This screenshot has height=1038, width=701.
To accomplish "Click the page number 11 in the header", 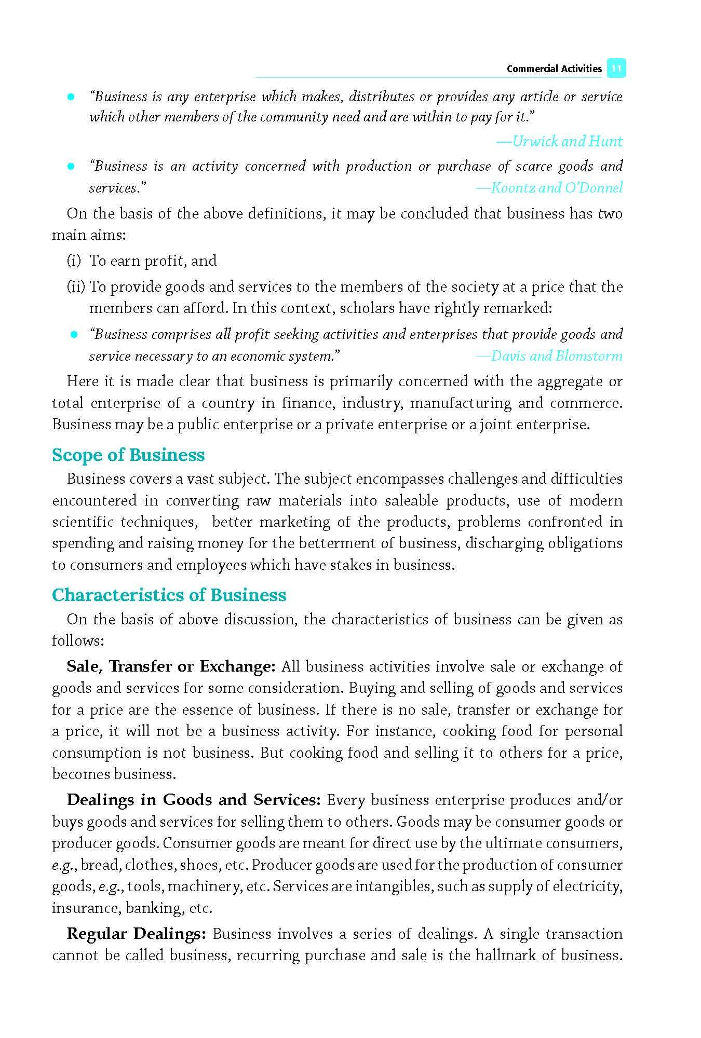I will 616,69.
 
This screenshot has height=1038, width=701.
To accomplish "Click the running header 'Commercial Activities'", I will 554,69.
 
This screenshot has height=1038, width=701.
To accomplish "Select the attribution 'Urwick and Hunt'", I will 560,141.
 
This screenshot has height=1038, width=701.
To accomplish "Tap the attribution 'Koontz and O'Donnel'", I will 549,187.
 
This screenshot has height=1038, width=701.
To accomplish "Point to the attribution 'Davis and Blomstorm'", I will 549,356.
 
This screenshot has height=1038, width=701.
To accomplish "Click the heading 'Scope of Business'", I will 128,455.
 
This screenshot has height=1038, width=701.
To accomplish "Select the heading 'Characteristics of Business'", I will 169,595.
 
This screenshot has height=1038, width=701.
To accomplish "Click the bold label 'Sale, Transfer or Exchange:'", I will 171,666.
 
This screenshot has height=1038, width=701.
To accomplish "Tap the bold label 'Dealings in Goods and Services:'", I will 193,800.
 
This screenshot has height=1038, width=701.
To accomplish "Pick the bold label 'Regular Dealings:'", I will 136,934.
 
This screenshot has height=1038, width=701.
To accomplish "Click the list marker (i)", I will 74,261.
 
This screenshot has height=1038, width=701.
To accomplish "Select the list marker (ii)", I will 76,286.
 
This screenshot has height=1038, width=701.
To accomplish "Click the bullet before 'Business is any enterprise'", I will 71,97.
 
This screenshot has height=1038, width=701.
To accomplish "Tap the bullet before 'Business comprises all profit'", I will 74,335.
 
